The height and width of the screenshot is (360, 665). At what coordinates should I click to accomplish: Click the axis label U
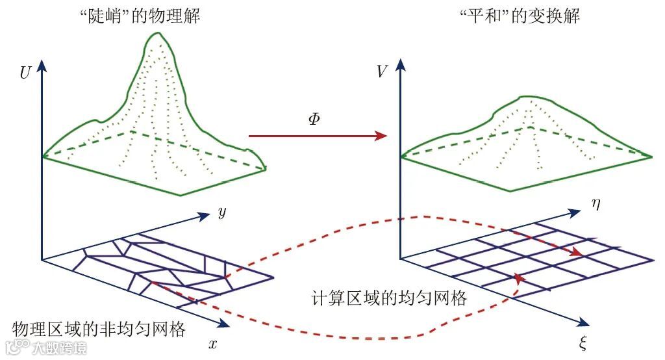(25, 72)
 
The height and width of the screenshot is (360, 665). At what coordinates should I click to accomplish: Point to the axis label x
(212, 344)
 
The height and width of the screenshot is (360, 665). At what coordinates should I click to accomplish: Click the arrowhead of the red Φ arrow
(382, 136)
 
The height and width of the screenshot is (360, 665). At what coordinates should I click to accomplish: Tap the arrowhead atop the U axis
(42, 64)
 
